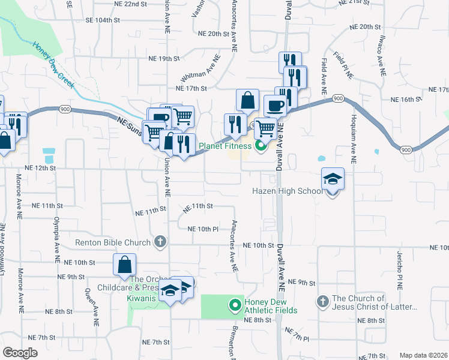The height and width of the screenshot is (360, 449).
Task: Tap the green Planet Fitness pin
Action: [x=260, y=145]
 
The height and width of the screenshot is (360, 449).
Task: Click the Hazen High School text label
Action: [x=286, y=191]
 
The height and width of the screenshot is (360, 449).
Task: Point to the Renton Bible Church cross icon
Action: [x=159, y=242]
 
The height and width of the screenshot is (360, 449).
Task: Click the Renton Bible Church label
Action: [x=113, y=243]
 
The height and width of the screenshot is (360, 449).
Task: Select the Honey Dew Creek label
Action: [x=54, y=65]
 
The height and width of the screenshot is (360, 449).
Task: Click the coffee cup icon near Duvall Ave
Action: [x=276, y=106]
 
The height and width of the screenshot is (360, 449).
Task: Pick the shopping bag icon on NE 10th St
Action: [x=124, y=265]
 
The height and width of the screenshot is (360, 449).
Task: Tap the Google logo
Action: [x=20, y=353]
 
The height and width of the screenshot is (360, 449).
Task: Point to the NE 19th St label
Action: [x=164, y=58]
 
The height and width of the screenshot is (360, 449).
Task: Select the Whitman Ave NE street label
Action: [x=201, y=71]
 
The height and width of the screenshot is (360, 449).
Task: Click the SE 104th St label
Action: [x=103, y=20]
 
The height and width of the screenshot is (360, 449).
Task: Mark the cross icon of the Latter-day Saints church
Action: [x=322, y=301]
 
